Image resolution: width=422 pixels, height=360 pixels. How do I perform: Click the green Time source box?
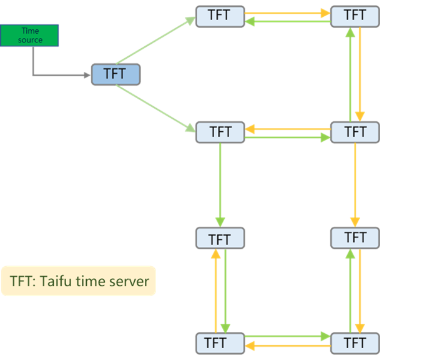[x=29, y=36]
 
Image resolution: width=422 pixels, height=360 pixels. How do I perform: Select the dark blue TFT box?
[x=115, y=74]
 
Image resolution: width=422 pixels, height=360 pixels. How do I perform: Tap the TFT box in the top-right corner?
[x=355, y=16]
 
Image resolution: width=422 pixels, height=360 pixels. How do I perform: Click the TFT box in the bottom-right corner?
[x=355, y=343]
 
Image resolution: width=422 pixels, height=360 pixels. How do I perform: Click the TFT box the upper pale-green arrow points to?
[x=220, y=16]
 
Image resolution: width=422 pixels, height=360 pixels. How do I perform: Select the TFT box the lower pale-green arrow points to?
[x=220, y=132]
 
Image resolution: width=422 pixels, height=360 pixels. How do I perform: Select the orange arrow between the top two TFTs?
[x=287, y=12]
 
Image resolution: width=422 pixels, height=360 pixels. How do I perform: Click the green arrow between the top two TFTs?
[x=287, y=21]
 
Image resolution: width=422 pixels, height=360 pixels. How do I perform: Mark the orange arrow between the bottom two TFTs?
[x=287, y=345]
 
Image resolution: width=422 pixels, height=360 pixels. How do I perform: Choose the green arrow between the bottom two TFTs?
[x=287, y=336]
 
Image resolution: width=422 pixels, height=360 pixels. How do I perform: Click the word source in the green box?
[x=30, y=40]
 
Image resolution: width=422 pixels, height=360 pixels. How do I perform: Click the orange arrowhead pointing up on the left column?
[x=215, y=255]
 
